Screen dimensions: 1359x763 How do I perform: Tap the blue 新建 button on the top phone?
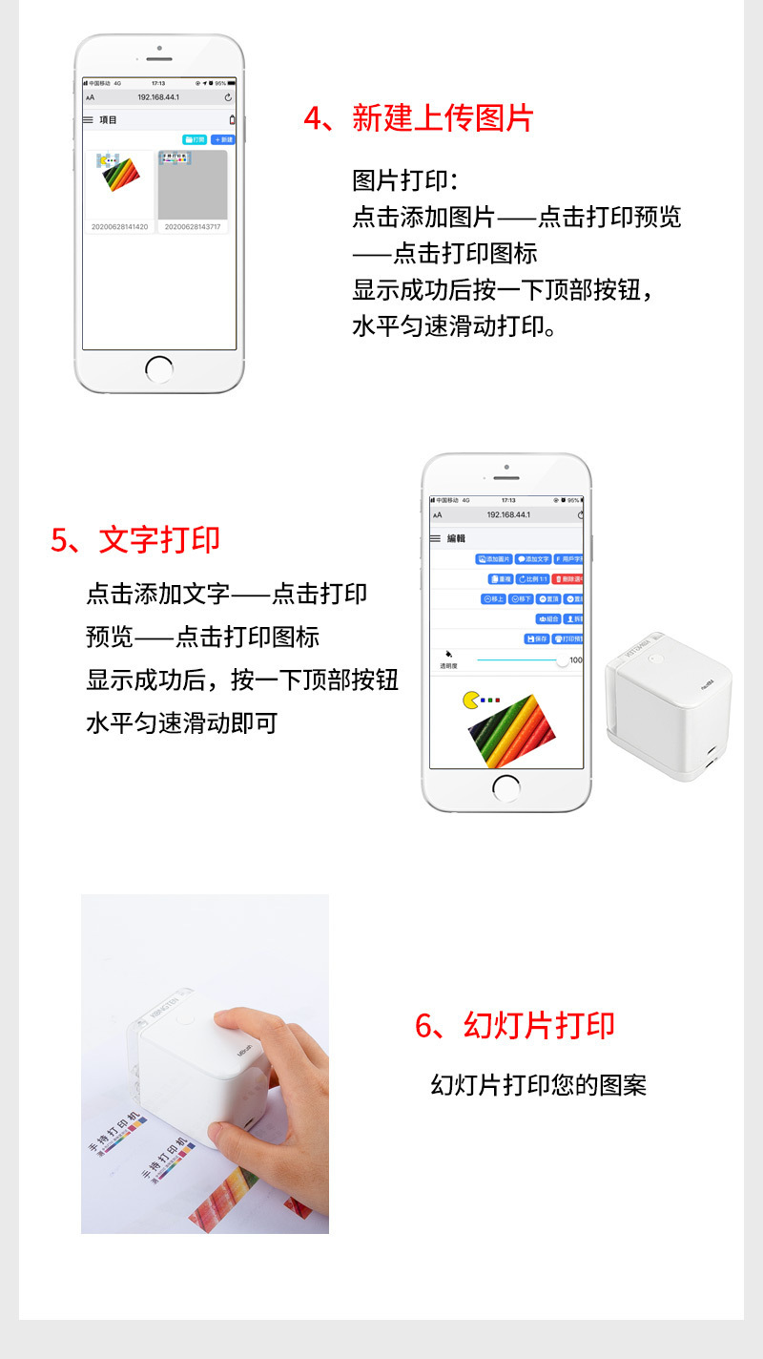[222, 139]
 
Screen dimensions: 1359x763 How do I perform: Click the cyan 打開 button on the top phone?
[195, 139]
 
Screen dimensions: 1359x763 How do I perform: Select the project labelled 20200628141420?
[119, 186]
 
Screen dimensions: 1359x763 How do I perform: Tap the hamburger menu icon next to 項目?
[88, 120]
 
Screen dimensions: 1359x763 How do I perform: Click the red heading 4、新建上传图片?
[419, 118]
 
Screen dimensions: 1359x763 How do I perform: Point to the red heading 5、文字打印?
[135, 539]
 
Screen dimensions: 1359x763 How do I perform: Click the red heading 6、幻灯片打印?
[515, 1025]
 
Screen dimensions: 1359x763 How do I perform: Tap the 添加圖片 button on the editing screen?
[494, 558]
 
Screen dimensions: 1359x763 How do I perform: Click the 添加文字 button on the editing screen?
[533, 558]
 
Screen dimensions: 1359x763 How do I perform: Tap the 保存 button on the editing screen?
[537, 638]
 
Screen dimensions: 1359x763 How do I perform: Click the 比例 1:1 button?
[532, 578]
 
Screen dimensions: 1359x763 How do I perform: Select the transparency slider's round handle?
[562, 660]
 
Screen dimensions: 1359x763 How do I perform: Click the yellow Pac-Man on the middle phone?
[470, 701]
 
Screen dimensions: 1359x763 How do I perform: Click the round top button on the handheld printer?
[184, 1019]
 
